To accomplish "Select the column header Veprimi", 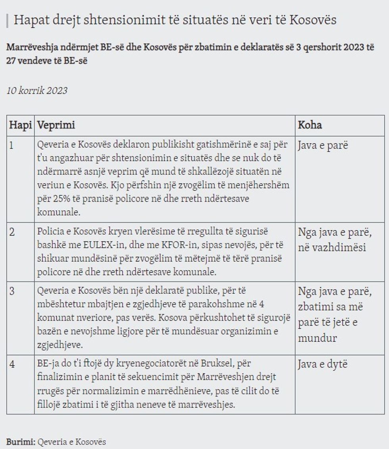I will click(x=56, y=125).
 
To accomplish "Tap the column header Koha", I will click(x=310, y=125).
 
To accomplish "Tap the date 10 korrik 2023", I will click(x=37, y=91).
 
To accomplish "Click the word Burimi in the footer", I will click(x=21, y=441).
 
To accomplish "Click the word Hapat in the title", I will click(x=29, y=20).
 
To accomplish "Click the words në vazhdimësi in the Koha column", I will click(x=332, y=247).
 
